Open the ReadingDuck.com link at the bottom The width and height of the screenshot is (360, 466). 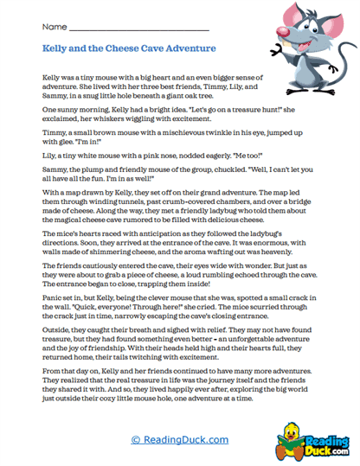(x=180, y=440)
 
